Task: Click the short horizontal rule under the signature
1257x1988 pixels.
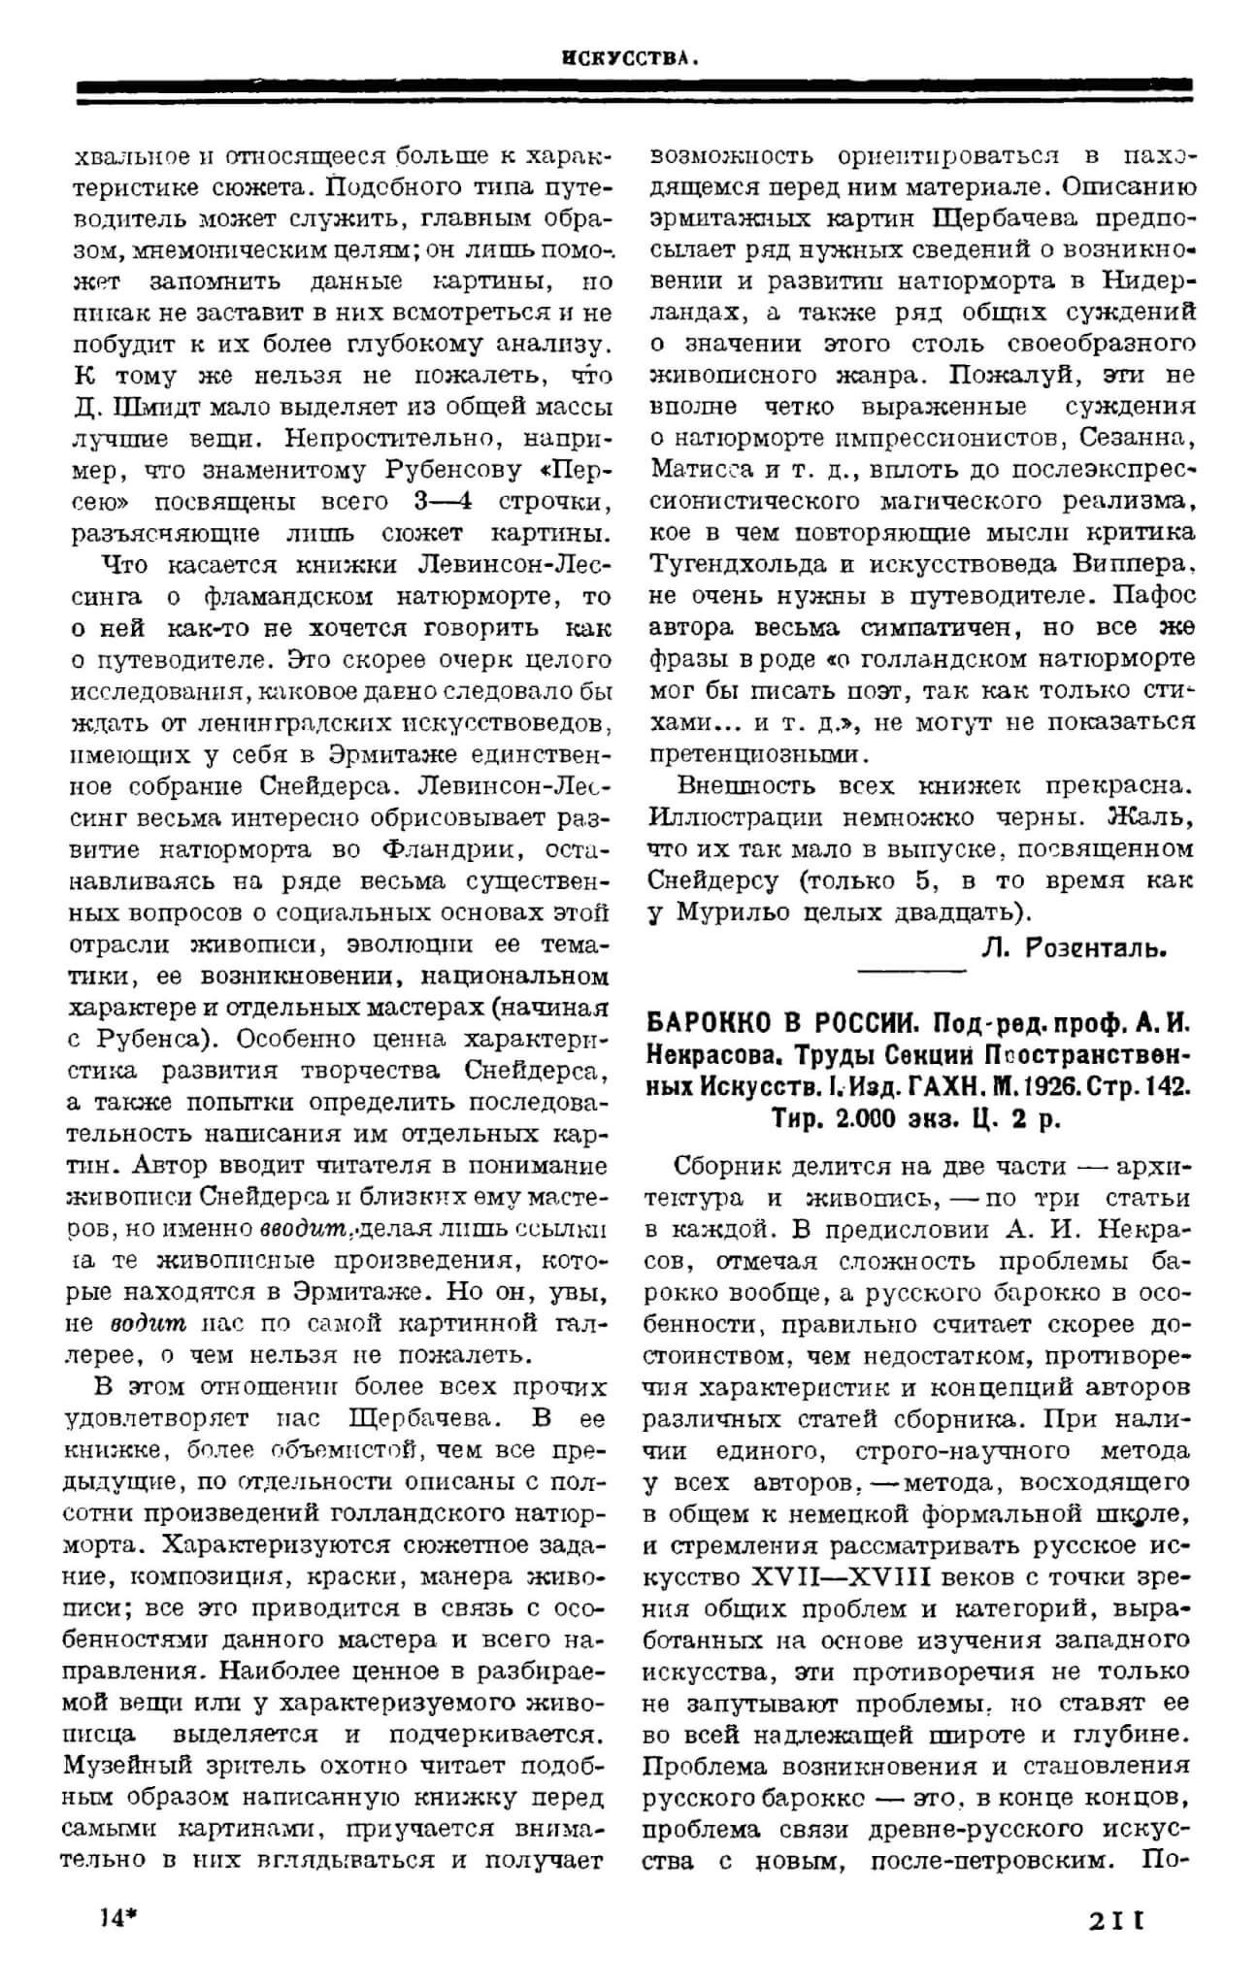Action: click(x=912, y=970)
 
